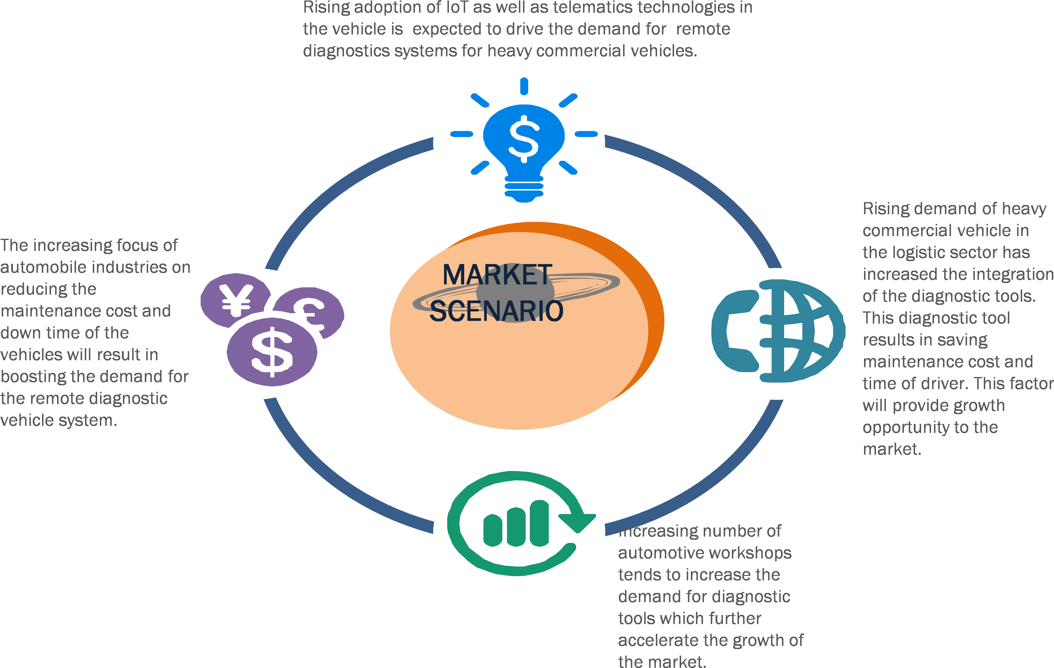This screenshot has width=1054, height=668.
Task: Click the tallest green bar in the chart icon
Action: [x=539, y=523]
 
